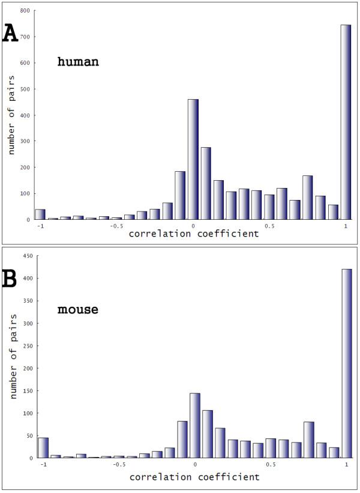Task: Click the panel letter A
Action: (x=10, y=33)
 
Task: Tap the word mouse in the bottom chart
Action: (x=77, y=310)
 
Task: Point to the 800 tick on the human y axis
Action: (x=25, y=11)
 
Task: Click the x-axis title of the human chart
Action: (x=194, y=234)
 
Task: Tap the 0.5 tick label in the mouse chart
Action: (x=269, y=465)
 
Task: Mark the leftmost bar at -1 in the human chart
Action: (x=40, y=214)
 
